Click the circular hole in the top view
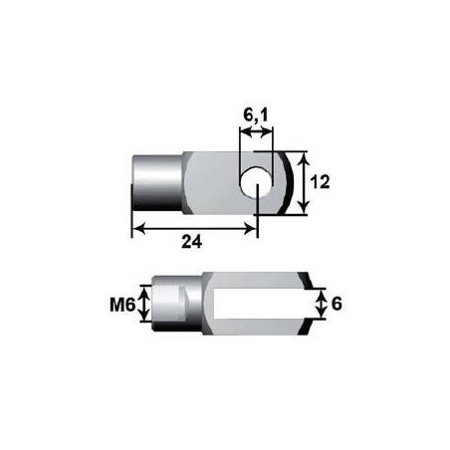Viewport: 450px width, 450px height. [x=258, y=182]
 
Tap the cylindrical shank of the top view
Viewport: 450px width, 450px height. [x=157, y=182]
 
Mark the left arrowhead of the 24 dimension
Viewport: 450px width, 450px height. [x=138, y=227]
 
